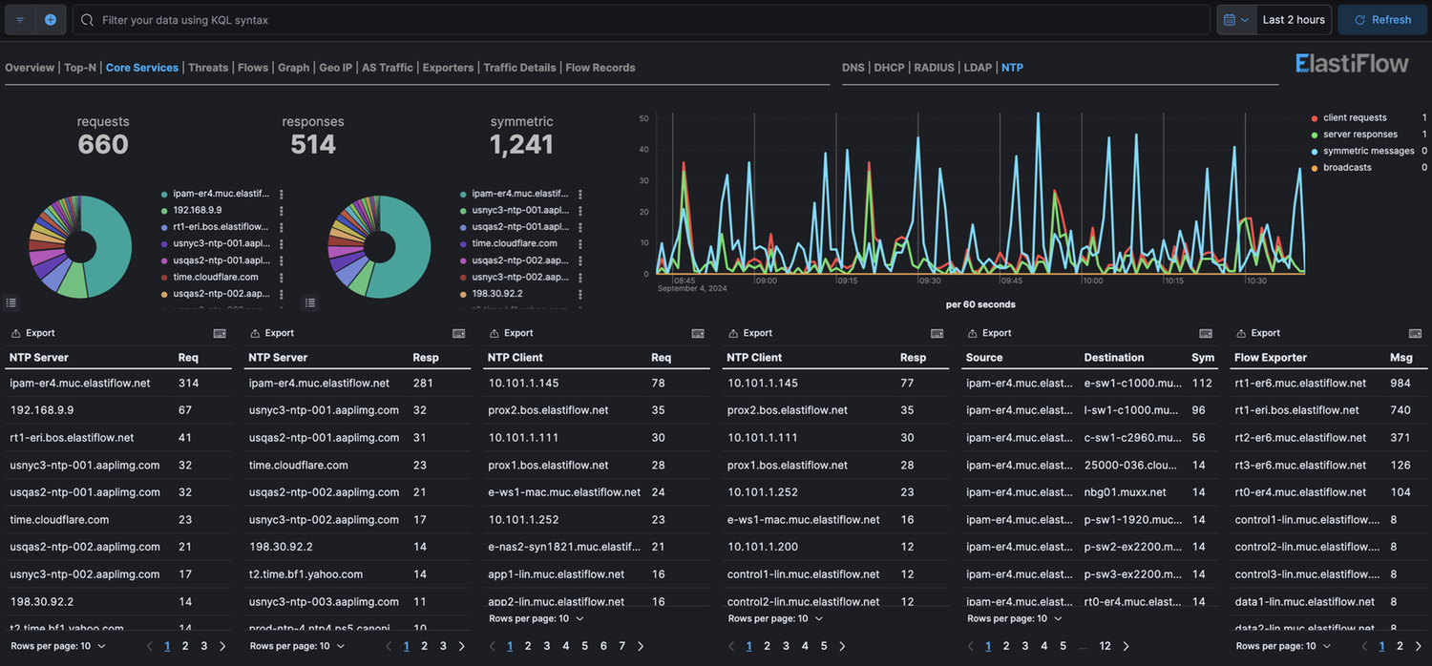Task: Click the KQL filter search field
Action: tap(640, 20)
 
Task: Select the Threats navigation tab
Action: tap(208, 68)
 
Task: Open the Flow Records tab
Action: tap(600, 68)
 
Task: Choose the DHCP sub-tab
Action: tap(889, 68)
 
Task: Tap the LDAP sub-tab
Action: tap(978, 68)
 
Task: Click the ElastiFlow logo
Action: tap(1352, 64)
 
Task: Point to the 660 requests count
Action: tap(103, 144)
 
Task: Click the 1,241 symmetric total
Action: tap(521, 144)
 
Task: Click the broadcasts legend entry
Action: tap(1347, 168)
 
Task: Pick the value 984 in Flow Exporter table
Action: tap(1400, 384)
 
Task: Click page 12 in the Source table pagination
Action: tap(1105, 646)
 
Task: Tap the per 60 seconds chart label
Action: tap(980, 305)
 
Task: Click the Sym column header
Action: tap(1203, 358)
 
